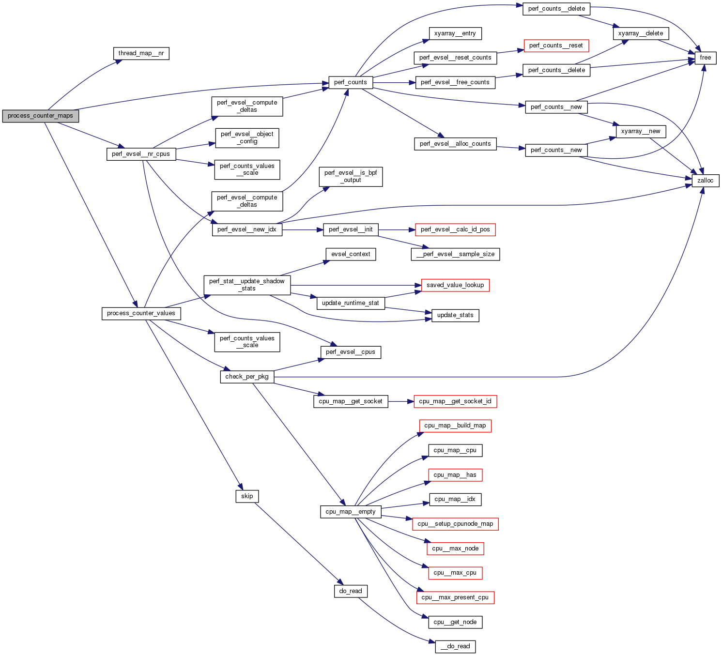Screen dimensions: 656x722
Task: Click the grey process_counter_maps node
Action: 40,116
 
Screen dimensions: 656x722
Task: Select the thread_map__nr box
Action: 141,53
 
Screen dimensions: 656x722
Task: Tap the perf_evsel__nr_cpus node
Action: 141,154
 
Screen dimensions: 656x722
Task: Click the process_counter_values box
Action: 141,313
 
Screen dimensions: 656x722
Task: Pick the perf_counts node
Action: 351,82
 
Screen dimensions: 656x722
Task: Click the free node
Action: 705,58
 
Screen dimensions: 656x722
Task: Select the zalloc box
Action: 705,181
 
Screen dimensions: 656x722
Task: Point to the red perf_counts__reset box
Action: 556,46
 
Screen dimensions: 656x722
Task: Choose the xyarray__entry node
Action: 455,33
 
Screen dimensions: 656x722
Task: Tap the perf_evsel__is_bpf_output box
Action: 351,177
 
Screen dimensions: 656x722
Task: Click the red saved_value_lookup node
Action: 455,285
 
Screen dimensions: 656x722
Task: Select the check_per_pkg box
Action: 247,377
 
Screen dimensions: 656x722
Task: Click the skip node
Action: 247,496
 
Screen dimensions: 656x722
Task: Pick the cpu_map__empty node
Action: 351,512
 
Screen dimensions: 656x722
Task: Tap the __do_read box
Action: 455,646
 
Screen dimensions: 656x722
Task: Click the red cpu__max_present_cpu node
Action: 455,597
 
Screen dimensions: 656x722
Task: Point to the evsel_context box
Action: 351,254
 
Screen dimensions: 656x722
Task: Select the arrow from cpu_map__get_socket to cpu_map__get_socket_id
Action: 401,401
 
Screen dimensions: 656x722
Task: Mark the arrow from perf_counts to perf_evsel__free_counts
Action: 394,83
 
